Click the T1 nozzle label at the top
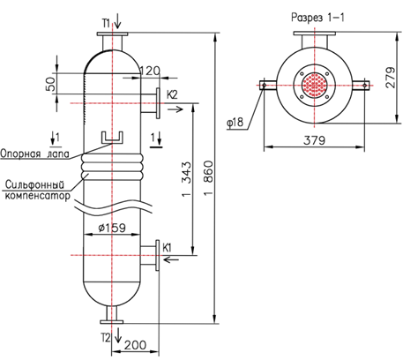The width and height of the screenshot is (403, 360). click(x=106, y=23)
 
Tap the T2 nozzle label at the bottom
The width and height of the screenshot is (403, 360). click(x=106, y=338)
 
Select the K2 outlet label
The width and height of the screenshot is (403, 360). click(x=172, y=94)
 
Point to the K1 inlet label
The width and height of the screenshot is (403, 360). click(x=167, y=248)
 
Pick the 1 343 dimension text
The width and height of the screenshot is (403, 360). click(x=186, y=179)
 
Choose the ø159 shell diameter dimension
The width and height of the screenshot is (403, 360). click(x=112, y=228)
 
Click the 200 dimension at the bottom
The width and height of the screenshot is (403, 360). click(x=135, y=345)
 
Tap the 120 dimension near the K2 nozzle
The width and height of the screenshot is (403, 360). click(x=150, y=71)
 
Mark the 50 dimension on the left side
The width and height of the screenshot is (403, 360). click(x=50, y=84)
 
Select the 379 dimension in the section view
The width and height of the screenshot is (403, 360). click(x=315, y=140)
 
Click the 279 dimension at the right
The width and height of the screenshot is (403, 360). click(x=391, y=78)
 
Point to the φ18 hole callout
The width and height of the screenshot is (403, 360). click(x=235, y=122)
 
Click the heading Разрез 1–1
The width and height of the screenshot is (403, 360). click(x=317, y=18)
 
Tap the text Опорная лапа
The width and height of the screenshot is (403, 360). click(x=34, y=154)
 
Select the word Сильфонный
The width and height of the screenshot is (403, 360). click(x=34, y=184)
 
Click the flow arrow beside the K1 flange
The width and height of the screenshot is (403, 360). click(x=171, y=259)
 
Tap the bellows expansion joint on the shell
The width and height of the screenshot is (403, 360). click(x=112, y=167)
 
